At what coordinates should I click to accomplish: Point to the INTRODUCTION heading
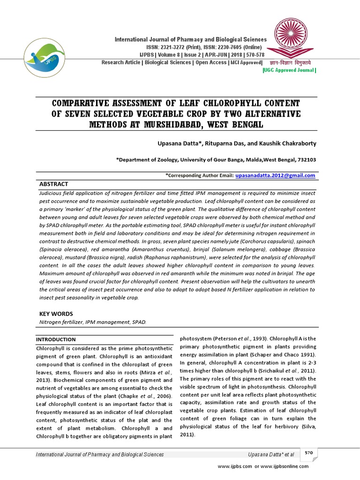coord(56,339)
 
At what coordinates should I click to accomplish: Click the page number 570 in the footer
coord(308,452)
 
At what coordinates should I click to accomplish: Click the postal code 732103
coord(305,159)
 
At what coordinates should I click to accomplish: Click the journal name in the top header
coord(191,40)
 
